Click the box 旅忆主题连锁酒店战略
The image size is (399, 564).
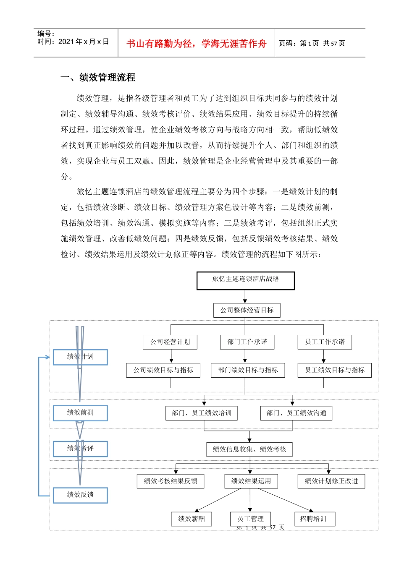pos(245,280)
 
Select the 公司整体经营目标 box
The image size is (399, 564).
pos(247,310)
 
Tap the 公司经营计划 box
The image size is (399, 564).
pos(170,342)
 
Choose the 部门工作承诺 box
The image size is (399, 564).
pos(247,342)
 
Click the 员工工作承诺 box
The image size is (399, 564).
pos(324,342)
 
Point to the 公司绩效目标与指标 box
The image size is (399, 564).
pos(163,370)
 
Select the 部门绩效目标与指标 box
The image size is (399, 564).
pos(247,370)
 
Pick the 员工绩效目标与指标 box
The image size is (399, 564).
pos(334,370)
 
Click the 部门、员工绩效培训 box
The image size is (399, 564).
pos(201,413)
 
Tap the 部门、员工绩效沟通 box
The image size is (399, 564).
pos(296,413)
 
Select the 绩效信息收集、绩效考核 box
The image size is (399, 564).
pos(249,449)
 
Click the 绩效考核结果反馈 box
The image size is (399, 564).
pos(170,481)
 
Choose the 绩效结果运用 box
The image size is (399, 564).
pos(251,481)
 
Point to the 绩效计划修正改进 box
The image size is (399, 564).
pos(331,481)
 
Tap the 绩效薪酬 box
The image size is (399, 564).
pos(191,519)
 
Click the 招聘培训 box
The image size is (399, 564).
pos(312,519)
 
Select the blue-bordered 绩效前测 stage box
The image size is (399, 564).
pos(80,413)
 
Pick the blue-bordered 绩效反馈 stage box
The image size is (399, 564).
pos(80,495)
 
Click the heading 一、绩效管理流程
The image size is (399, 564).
pos(98,78)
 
